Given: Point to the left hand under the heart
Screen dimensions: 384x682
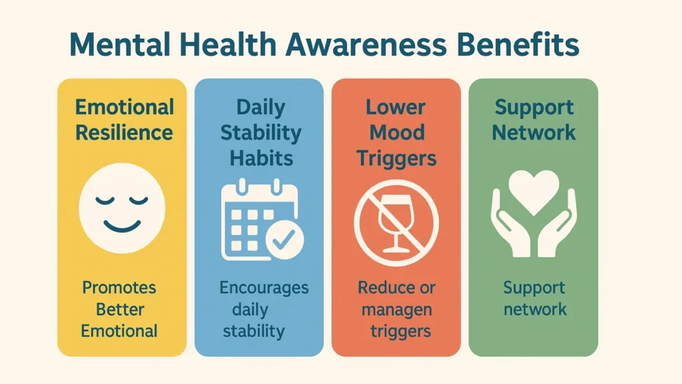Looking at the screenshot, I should tap(509, 226).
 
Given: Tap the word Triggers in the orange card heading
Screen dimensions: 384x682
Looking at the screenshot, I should tap(396, 158).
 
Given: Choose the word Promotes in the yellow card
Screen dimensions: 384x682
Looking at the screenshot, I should tap(119, 288).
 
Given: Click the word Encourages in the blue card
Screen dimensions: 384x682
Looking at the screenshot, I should tap(264, 288).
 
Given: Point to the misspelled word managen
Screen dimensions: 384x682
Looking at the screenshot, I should tap(398, 309).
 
